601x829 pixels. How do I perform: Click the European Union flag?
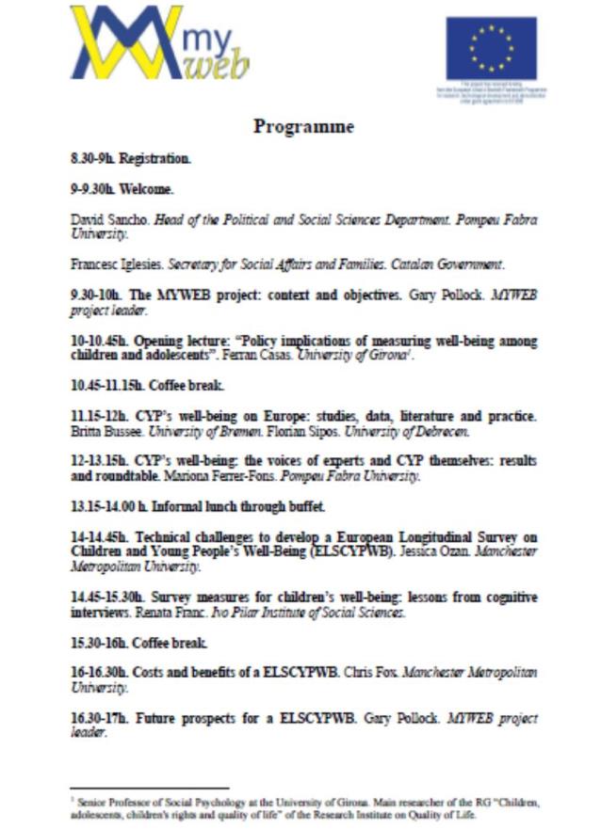(x=491, y=49)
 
